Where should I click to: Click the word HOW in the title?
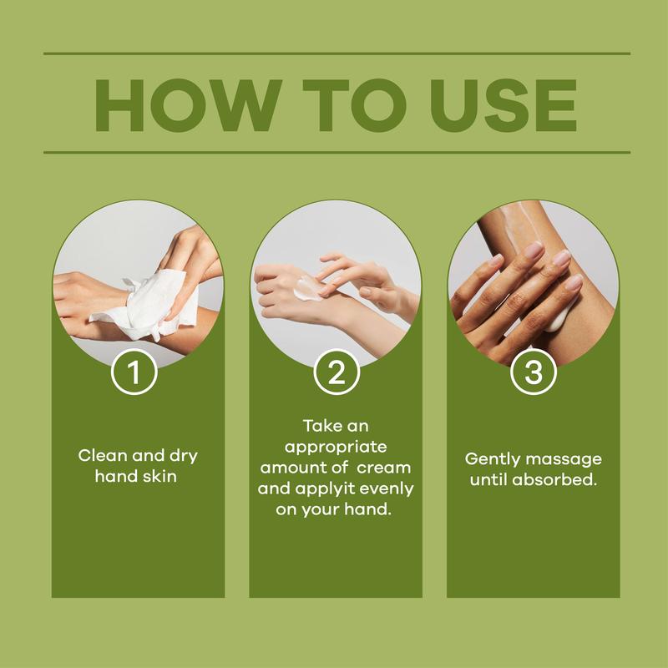[x=188, y=105]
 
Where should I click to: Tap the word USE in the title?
[x=504, y=105]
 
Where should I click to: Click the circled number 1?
[x=134, y=372]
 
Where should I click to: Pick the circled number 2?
[x=337, y=372]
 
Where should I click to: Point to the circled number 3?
[x=534, y=372]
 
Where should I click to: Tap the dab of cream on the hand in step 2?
[x=307, y=288]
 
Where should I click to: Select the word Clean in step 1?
[x=103, y=455]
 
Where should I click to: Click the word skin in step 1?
[x=159, y=476]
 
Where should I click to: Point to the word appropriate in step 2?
[x=336, y=448]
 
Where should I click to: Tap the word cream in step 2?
[x=384, y=468]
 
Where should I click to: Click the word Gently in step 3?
[x=493, y=460]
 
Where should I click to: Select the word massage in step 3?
[x=564, y=460]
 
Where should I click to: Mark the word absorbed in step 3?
[x=554, y=479]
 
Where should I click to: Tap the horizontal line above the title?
[x=337, y=53]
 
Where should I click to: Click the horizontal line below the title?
[x=337, y=152]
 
